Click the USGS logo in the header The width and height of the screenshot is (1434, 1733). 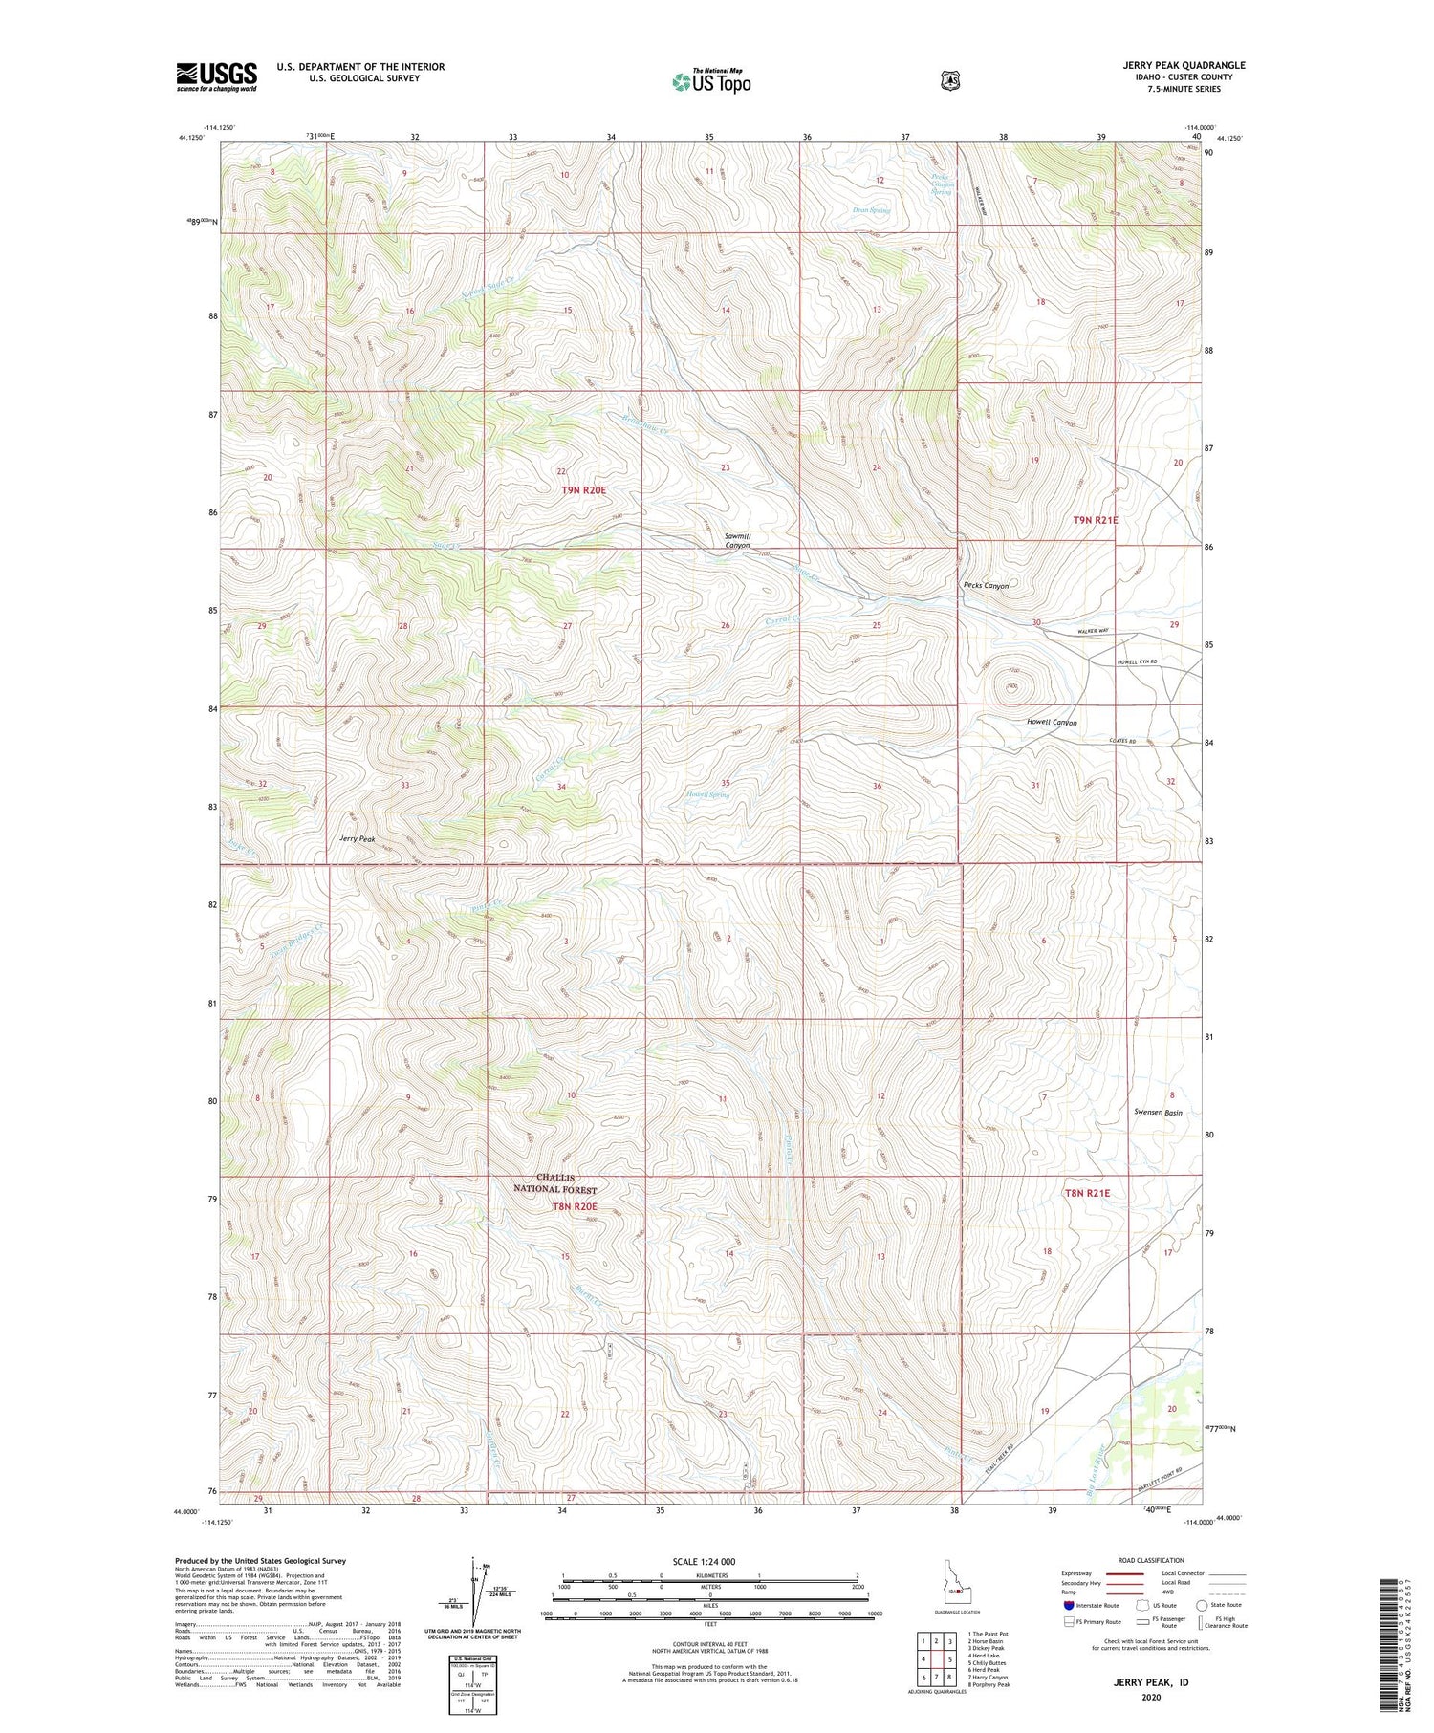pos(216,76)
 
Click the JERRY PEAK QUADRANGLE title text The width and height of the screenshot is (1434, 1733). pos(1184,66)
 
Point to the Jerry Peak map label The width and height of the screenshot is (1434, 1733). pos(358,838)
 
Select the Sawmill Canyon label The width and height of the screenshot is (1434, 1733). pos(744,541)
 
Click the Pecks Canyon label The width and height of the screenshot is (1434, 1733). pos(985,586)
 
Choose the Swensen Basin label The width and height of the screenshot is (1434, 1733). pos(1158,1113)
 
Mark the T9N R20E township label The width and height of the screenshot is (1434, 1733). pos(583,489)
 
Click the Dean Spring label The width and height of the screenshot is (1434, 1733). pos(871,210)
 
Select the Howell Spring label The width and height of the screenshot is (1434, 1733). pos(707,794)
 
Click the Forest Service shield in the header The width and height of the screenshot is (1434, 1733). pos(949,80)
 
